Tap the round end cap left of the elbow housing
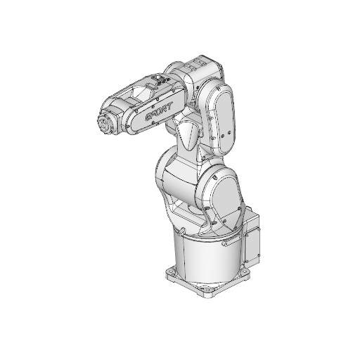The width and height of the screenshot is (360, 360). [x=172, y=71]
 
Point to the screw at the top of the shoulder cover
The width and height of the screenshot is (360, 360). [x=226, y=173]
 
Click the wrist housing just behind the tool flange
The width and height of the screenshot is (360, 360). [x=121, y=115]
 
